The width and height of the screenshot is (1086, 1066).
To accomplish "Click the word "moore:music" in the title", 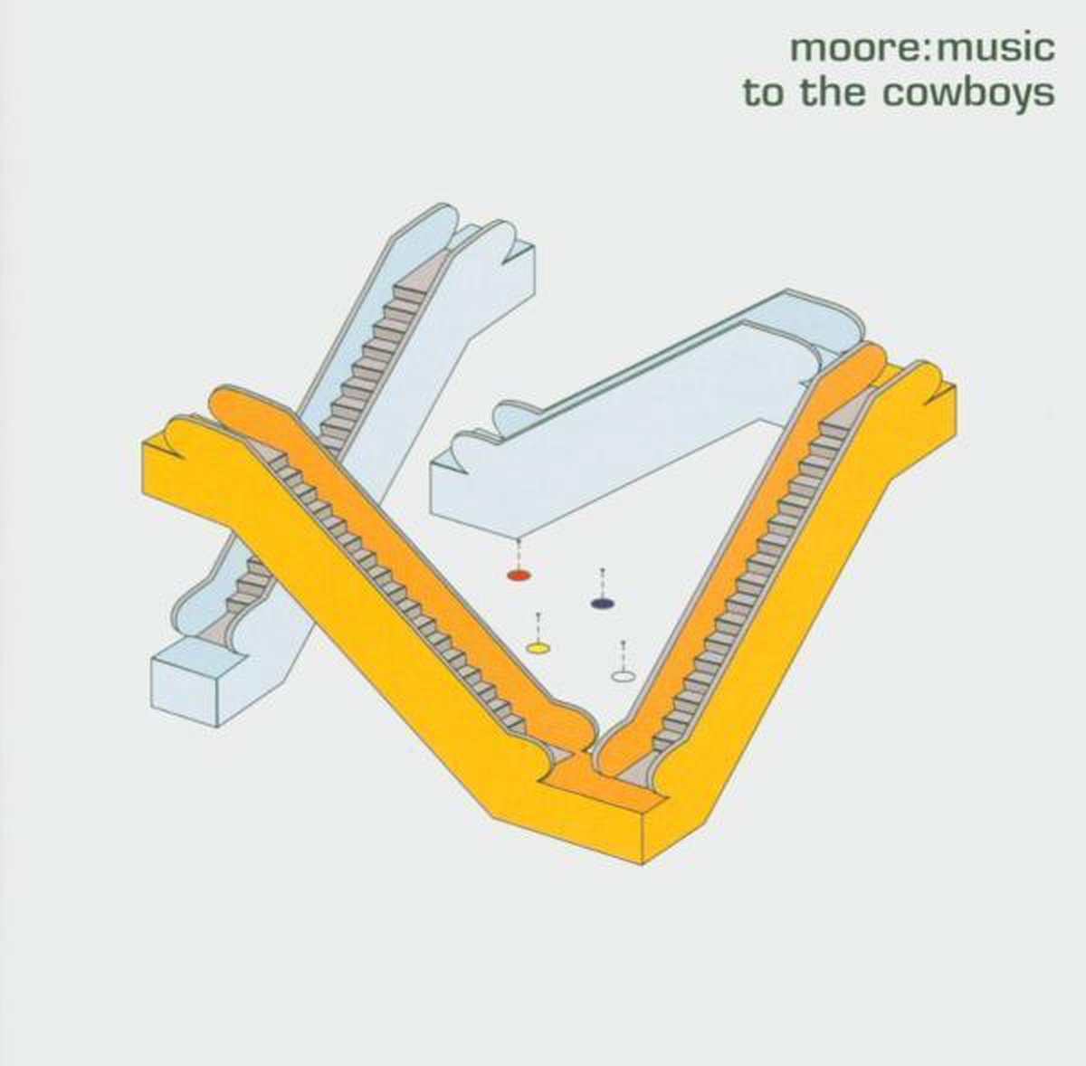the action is [x=922, y=49].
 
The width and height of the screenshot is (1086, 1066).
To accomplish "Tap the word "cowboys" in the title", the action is [x=968, y=94].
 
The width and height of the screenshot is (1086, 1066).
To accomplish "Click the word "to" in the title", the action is [x=766, y=93].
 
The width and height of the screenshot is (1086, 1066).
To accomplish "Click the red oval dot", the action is [x=519, y=575].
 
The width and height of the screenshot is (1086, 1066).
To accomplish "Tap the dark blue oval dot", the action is [x=603, y=604].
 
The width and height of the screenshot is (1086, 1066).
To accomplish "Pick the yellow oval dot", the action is [x=538, y=648].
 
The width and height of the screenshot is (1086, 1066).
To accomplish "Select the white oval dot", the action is [x=623, y=676].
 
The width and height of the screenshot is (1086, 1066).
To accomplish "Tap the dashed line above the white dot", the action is [x=623, y=654].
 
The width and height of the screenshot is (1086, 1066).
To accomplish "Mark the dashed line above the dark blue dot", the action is [x=603, y=583].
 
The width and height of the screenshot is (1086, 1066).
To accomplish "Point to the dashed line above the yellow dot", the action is [x=538, y=627].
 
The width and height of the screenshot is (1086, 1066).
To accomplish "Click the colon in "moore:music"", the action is [x=925, y=51].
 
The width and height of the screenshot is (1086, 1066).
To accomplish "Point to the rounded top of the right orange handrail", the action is [x=867, y=355].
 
